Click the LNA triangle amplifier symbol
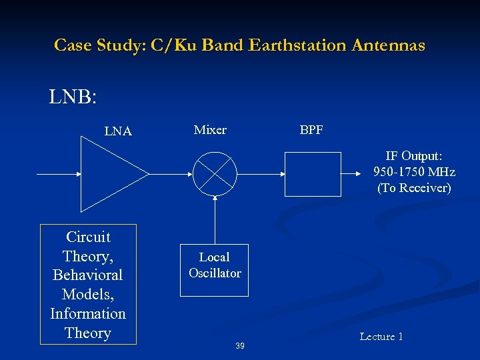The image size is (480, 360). tap(110, 174)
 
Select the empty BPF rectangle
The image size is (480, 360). tap(312, 174)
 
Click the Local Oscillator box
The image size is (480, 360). tap(215, 271)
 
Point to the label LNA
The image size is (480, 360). tap(118, 132)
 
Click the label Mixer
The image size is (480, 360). tap(210, 130)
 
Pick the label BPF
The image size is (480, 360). tap(311, 130)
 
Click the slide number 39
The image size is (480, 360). tap(240, 345)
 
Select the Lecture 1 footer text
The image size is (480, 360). tap(381, 337)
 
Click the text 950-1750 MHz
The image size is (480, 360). tap(415, 172)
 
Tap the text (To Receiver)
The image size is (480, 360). tap(414, 188)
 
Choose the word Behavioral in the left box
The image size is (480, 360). tap(88, 275)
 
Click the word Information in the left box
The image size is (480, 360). tap(88, 313)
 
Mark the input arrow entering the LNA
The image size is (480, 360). tap(59, 174)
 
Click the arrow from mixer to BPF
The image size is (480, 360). tap(261, 174)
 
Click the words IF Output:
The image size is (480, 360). tap(414, 156)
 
